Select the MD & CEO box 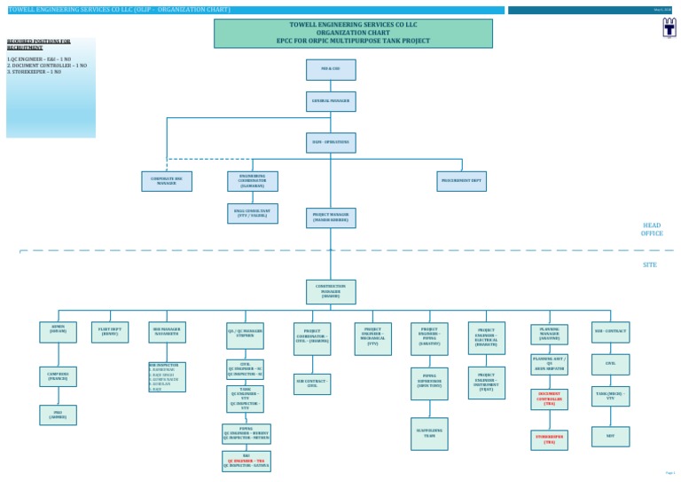point(331,69)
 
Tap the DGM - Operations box point(331,142)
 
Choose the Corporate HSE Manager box point(167,181)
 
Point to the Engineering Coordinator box point(251,181)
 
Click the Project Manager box point(331,217)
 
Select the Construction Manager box point(331,292)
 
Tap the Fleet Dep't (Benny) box point(110,333)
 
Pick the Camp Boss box point(58,377)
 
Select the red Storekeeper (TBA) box point(549,439)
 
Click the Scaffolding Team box point(429,432)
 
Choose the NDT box point(610,435)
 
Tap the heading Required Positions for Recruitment point(38,43)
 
